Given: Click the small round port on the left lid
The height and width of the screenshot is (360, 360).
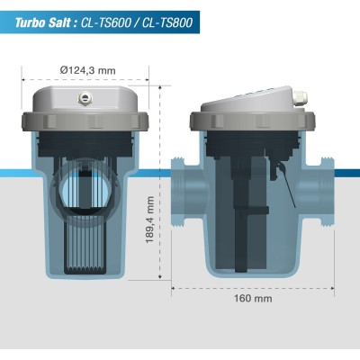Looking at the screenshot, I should click(x=86, y=94).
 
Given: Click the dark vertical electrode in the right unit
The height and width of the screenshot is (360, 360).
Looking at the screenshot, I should click(x=238, y=225).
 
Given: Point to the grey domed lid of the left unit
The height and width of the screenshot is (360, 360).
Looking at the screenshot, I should click(x=86, y=101).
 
